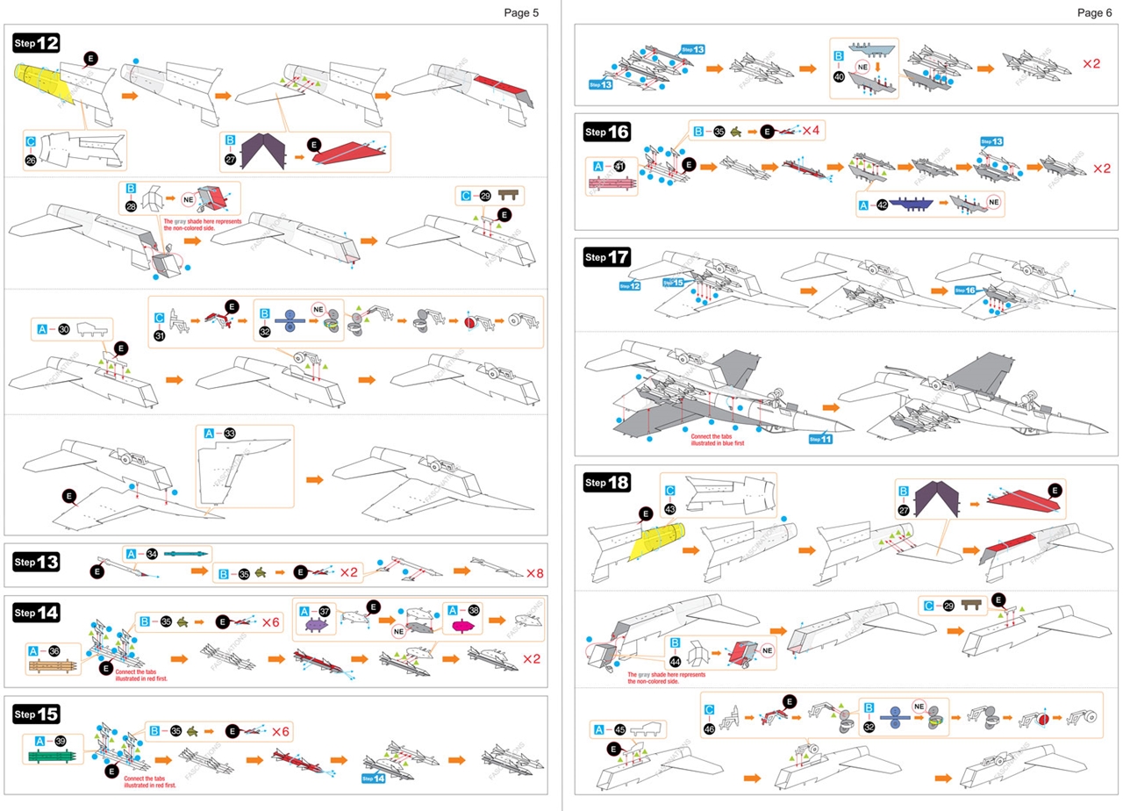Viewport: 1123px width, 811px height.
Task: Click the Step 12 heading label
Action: click(36, 43)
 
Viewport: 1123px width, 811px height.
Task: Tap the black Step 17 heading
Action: click(606, 257)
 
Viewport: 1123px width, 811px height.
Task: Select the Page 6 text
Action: click(1095, 12)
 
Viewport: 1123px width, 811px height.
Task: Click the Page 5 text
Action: click(521, 12)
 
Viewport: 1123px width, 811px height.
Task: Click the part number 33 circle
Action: click(230, 434)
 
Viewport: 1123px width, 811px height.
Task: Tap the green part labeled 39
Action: click(54, 756)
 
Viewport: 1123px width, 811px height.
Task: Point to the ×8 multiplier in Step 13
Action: click(534, 573)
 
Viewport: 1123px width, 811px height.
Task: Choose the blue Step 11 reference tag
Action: click(819, 439)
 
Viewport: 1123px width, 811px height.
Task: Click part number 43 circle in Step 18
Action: click(669, 508)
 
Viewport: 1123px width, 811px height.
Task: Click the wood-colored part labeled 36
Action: click(54, 665)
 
